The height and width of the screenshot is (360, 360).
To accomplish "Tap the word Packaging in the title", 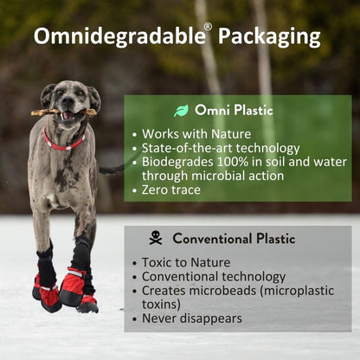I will pos(269,36).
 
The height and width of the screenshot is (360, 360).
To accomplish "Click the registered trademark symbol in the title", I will pos(207,27).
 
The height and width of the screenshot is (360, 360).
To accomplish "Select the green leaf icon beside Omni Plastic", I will pos(182,110).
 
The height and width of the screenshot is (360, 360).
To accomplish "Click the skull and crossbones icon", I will pos(156,237).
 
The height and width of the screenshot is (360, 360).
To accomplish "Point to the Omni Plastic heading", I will pos(234,110).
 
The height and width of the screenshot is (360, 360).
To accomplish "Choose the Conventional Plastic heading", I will pos(234,238).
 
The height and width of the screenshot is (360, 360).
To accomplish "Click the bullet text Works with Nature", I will pos(196,134).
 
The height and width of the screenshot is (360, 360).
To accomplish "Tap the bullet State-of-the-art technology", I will pos(221,148).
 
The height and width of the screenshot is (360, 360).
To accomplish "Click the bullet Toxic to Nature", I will pos(187,262).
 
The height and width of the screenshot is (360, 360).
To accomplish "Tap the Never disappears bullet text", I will pos(191,318).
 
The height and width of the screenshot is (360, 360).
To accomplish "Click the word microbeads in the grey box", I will pos(225,290).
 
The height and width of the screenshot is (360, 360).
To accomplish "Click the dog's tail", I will pos(111,170).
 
